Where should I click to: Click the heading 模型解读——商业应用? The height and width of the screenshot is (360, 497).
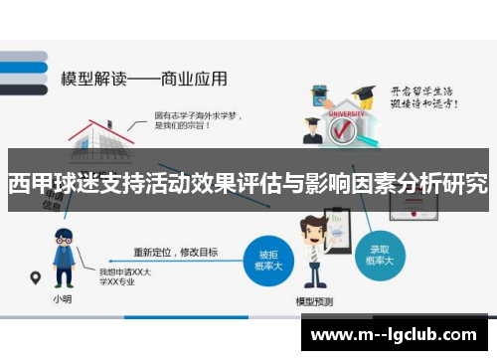tap(143, 77)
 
